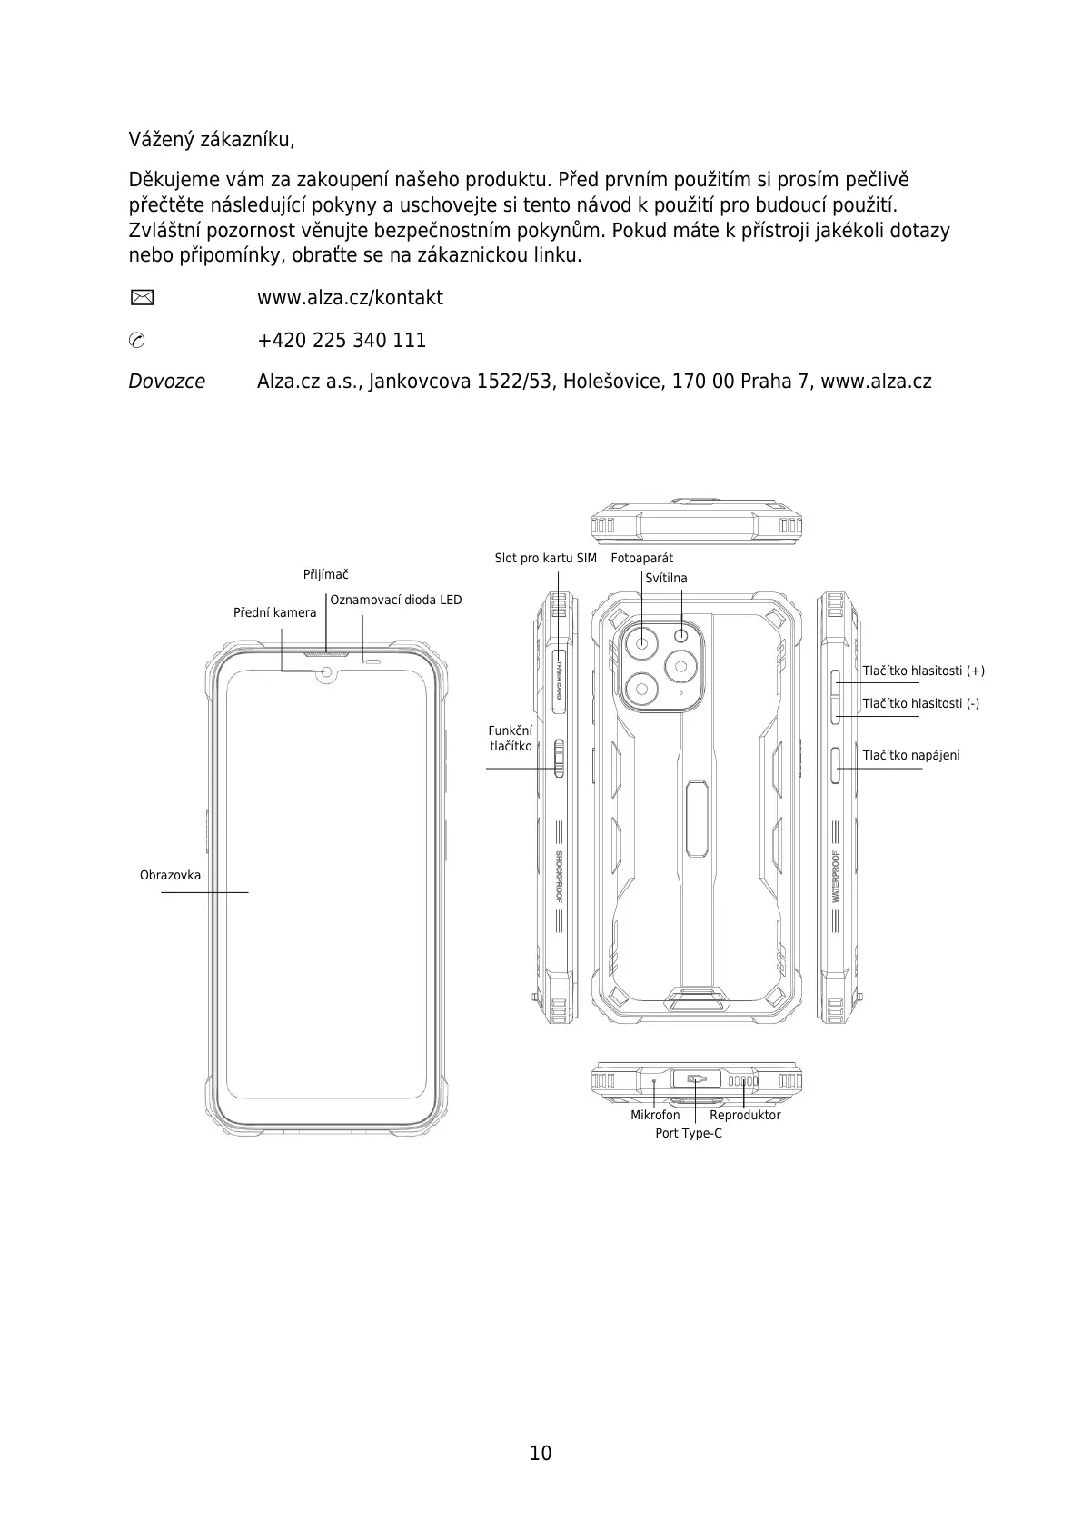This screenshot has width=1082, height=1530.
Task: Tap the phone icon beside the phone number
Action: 136,341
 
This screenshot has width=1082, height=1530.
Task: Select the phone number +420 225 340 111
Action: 342,341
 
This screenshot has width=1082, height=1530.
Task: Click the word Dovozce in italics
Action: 167,382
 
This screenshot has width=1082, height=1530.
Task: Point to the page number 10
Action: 541,1453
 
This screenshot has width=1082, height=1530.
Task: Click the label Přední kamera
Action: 274,612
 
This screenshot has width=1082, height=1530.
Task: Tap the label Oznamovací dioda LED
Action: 395,600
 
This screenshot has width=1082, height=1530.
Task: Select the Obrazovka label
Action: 170,876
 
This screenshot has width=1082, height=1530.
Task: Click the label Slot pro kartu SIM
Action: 545,558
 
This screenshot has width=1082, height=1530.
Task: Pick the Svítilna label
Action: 666,578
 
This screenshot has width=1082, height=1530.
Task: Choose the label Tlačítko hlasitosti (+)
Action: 923,671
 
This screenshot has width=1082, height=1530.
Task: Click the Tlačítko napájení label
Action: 911,755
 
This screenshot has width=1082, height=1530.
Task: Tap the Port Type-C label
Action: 689,1133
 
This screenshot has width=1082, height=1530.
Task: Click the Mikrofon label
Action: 655,1115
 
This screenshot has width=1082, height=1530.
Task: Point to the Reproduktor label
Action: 745,1115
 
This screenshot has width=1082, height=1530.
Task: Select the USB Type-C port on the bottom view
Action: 696,1079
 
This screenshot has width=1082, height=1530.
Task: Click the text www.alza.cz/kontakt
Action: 350,298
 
